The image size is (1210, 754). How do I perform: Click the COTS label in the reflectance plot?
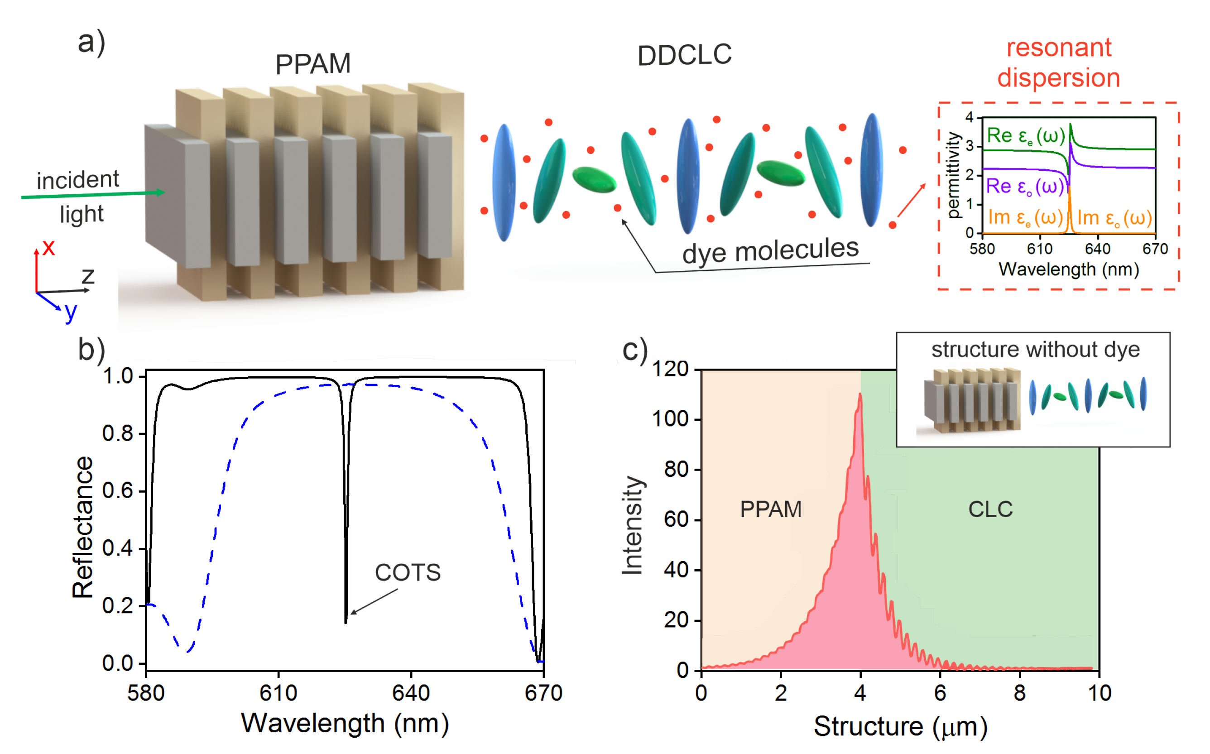[x=407, y=572]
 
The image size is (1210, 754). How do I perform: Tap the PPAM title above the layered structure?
[x=313, y=64]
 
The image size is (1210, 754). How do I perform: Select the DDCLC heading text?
[x=684, y=55]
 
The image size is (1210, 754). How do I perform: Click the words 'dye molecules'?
[x=770, y=250]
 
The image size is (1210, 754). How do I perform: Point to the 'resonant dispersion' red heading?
[x=1058, y=63]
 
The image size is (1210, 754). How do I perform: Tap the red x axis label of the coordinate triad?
[x=48, y=247]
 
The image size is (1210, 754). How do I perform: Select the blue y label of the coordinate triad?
[x=71, y=312]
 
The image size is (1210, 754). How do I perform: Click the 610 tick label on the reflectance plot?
[x=278, y=693]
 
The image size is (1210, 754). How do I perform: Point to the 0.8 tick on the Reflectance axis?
[x=118, y=434]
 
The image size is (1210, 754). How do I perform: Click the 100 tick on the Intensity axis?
[x=670, y=419]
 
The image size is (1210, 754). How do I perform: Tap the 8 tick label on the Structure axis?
[x=1019, y=693]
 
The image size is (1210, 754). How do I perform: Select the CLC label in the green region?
[x=990, y=509]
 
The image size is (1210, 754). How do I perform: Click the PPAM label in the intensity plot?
[x=771, y=509]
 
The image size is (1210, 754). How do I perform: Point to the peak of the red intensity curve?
[x=860, y=394]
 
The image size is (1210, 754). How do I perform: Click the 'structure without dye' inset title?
[x=1035, y=350]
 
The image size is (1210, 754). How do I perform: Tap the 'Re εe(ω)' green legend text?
[x=1026, y=136]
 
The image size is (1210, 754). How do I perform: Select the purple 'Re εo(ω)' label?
[x=1024, y=187]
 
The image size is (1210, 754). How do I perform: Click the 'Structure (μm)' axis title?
[x=900, y=726]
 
